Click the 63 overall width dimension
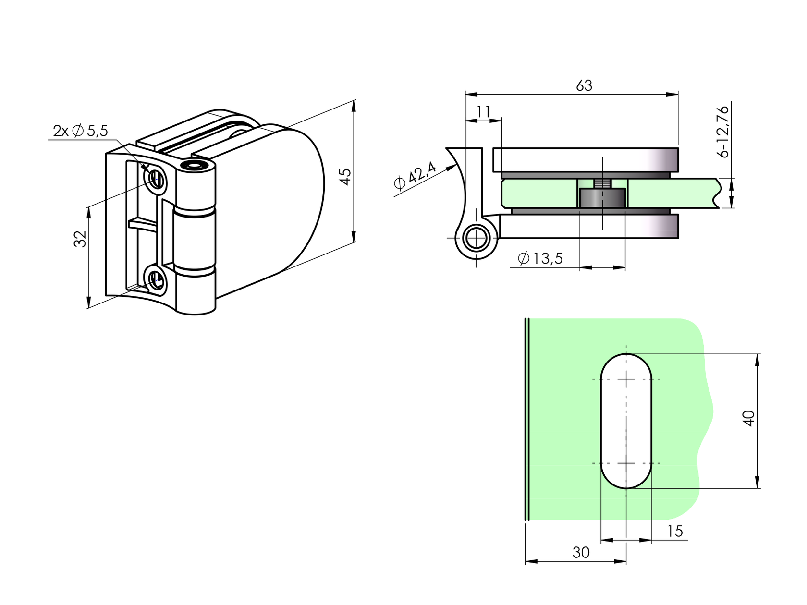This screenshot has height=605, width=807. (x=584, y=85)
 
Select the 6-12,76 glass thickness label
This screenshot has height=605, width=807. (x=722, y=132)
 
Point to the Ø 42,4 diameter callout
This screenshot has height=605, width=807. (x=414, y=176)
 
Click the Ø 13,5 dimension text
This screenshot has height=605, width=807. (x=540, y=259)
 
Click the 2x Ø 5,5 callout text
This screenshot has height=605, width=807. (x=80, y=131)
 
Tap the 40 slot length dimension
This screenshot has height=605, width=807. (x=749, y=418)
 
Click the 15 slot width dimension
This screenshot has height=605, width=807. (x=674, y=531)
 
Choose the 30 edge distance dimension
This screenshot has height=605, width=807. (x=581, y=553)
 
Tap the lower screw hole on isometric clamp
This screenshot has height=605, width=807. (x=156, y=278)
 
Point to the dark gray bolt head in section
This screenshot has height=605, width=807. (x=602, y=199)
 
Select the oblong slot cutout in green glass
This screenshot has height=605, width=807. (x=626, y=421)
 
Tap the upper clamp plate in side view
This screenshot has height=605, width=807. (x=586, y=159)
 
